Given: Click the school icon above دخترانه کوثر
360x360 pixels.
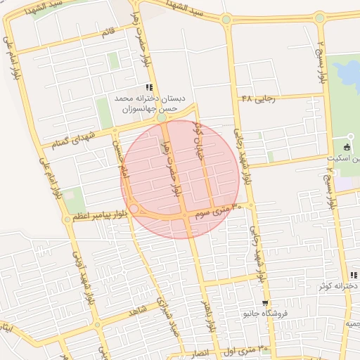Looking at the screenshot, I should click(353, 275).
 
